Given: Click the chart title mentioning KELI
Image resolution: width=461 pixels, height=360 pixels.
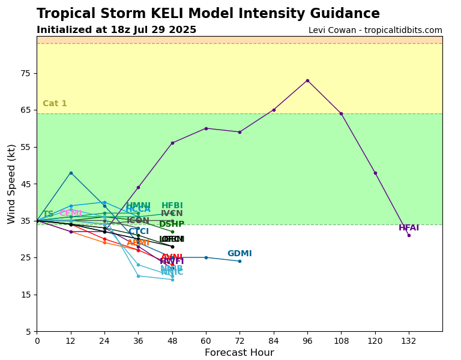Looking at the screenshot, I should tap(208, 14).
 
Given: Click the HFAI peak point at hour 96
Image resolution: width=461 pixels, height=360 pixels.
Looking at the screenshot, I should tap(307, 80).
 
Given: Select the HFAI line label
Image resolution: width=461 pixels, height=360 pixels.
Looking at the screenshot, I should tap(409, 228).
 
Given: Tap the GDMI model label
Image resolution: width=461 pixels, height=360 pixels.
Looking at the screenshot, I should tap(240, 254).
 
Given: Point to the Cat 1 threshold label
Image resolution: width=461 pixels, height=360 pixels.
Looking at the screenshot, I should tap(55, 104).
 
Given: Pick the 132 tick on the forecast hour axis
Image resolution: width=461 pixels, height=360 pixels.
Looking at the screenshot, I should tap(409, 341).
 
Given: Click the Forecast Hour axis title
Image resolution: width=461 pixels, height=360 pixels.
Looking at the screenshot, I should tap(239, 353).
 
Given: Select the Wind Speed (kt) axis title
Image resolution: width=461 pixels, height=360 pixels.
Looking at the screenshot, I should tap(12, 184).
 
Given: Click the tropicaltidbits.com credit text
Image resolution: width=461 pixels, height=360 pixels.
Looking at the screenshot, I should tap(375, 30).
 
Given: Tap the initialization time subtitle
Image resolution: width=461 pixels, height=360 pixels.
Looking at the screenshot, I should tap(116, 30).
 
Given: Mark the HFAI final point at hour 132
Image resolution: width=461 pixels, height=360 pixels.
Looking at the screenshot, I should tap(409, 235).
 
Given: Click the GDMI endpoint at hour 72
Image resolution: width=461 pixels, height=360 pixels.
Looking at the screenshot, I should tap(240, 261).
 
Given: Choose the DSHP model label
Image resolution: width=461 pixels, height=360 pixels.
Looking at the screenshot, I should tap(172, 224).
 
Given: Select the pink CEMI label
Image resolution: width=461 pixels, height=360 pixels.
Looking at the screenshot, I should tap(70, 214).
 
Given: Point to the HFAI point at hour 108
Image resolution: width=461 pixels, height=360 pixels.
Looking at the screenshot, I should tap(341, 113).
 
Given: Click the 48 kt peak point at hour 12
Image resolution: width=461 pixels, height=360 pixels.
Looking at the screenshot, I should tap(71, 173).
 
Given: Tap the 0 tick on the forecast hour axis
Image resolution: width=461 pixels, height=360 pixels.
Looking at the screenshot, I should tap(37, 341).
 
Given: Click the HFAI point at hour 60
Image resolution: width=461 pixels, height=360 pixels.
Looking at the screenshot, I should tap(206, 128).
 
